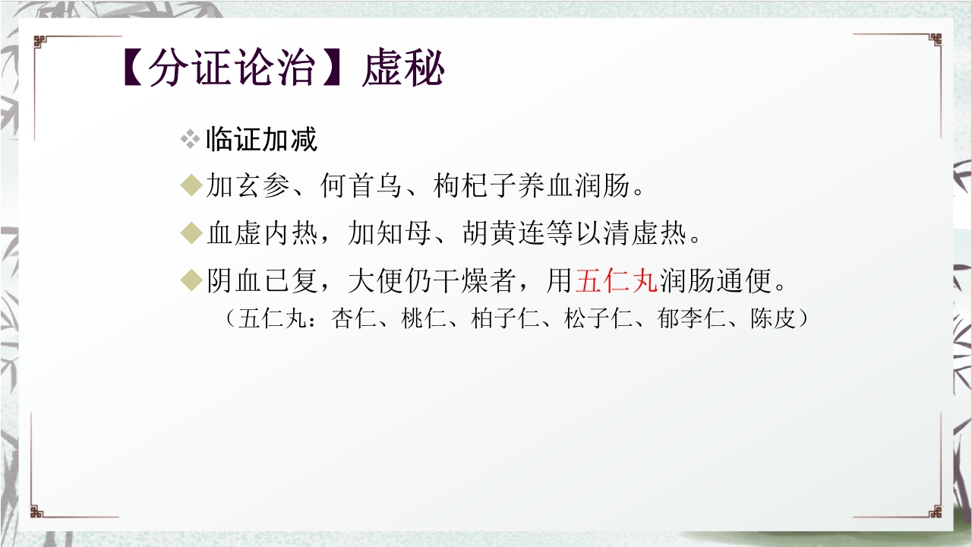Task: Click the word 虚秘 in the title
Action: click(403, 70)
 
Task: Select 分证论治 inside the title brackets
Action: click(231, 70)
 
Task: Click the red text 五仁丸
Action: click(617, 281)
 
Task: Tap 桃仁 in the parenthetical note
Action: click(420, 319)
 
